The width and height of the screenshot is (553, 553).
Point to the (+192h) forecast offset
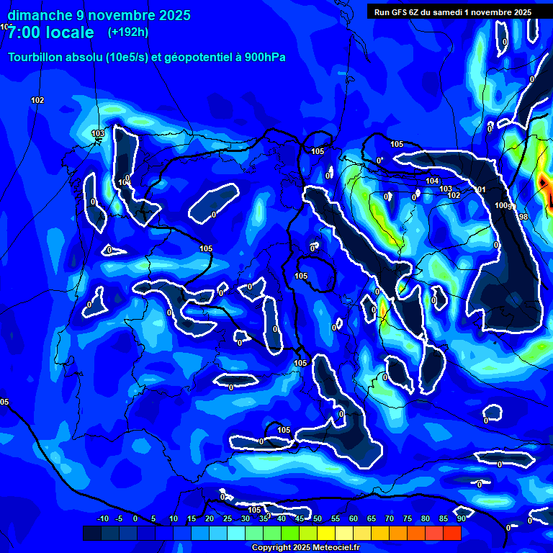[128, 32]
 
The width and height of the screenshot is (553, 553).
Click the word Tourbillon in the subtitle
[35, 57]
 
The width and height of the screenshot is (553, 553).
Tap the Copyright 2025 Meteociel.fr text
[305, 547]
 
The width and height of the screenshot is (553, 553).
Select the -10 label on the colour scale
[102, 519]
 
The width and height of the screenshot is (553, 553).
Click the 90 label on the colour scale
[461, 519]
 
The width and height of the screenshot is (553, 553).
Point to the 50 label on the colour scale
[317, 519]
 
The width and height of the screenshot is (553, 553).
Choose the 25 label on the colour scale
[227, 519]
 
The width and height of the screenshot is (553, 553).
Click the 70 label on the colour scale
[389, 519]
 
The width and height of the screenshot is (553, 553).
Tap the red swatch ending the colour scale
[452, 533]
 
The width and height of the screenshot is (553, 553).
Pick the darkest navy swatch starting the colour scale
[91, 533]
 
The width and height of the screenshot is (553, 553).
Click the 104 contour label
[432, 181]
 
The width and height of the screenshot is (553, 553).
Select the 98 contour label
[523, 217]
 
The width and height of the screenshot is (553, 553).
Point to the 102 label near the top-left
[37, 100]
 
